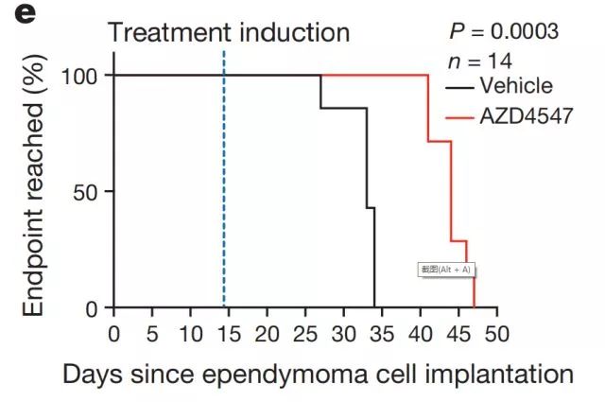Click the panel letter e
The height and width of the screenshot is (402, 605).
point(19,13)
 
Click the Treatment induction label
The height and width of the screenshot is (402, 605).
point(229,32)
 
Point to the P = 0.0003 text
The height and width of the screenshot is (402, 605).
point(503,31)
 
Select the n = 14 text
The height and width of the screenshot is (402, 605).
point(478,61)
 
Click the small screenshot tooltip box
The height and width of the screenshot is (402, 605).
point(445,270)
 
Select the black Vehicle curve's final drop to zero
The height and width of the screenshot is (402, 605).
point(375,265)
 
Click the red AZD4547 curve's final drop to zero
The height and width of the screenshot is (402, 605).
point(474,284)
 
